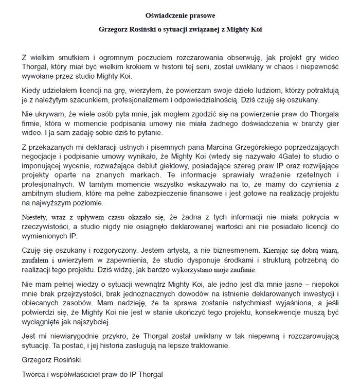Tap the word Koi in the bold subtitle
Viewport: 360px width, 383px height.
tap(255, 29)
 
